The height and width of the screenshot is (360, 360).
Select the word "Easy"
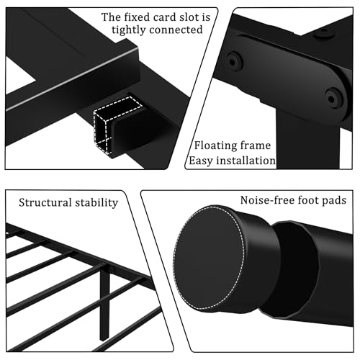[x=202, y=161]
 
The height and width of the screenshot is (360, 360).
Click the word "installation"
[x=245, y=161]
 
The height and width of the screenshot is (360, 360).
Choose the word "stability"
[x=96, y=202]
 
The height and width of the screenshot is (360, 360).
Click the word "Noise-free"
[x=269, y=199]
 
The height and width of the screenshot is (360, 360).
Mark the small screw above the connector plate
[x=326, y=32]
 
